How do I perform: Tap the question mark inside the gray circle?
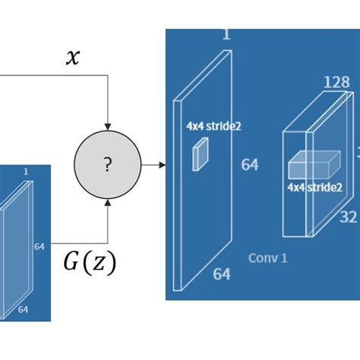point(108,165)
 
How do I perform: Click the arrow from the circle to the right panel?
point(155,164)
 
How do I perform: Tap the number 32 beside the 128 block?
point(348,217)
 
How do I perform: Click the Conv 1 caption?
point(267,258)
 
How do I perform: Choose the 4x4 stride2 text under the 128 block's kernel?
point(314,186)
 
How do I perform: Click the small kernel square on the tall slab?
point(199,156)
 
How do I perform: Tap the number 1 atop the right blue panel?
point(226,33)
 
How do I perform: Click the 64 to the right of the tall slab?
point(249,164)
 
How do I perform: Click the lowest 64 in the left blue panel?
point(24,308)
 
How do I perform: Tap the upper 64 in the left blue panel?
point(39,247)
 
